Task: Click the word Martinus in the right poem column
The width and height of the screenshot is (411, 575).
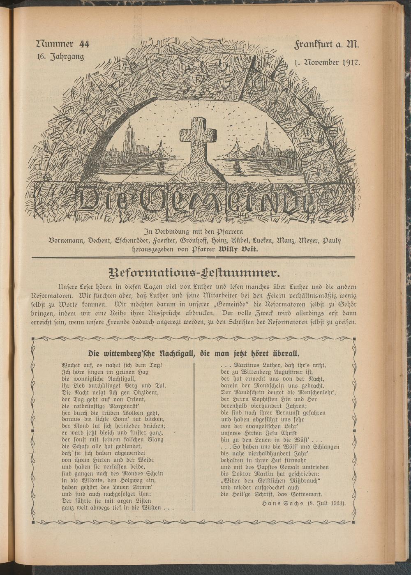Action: [x=245, y=365]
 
